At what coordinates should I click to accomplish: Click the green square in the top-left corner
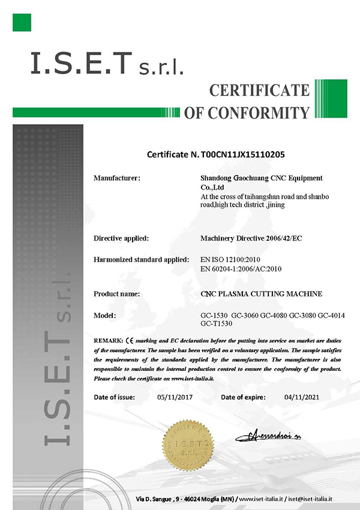[21, 22]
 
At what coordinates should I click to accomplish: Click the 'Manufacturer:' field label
[117, 178]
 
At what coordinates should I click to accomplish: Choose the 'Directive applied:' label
[121, 238]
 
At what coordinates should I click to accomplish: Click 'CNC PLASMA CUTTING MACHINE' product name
[261, 294]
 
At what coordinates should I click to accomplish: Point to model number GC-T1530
[214, 323]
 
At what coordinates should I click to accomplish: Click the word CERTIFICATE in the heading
[259, 91]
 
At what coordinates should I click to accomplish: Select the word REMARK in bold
[109, 340]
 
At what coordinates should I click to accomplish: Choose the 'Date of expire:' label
[246, 397]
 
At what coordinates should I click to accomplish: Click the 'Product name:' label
[117, 294]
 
